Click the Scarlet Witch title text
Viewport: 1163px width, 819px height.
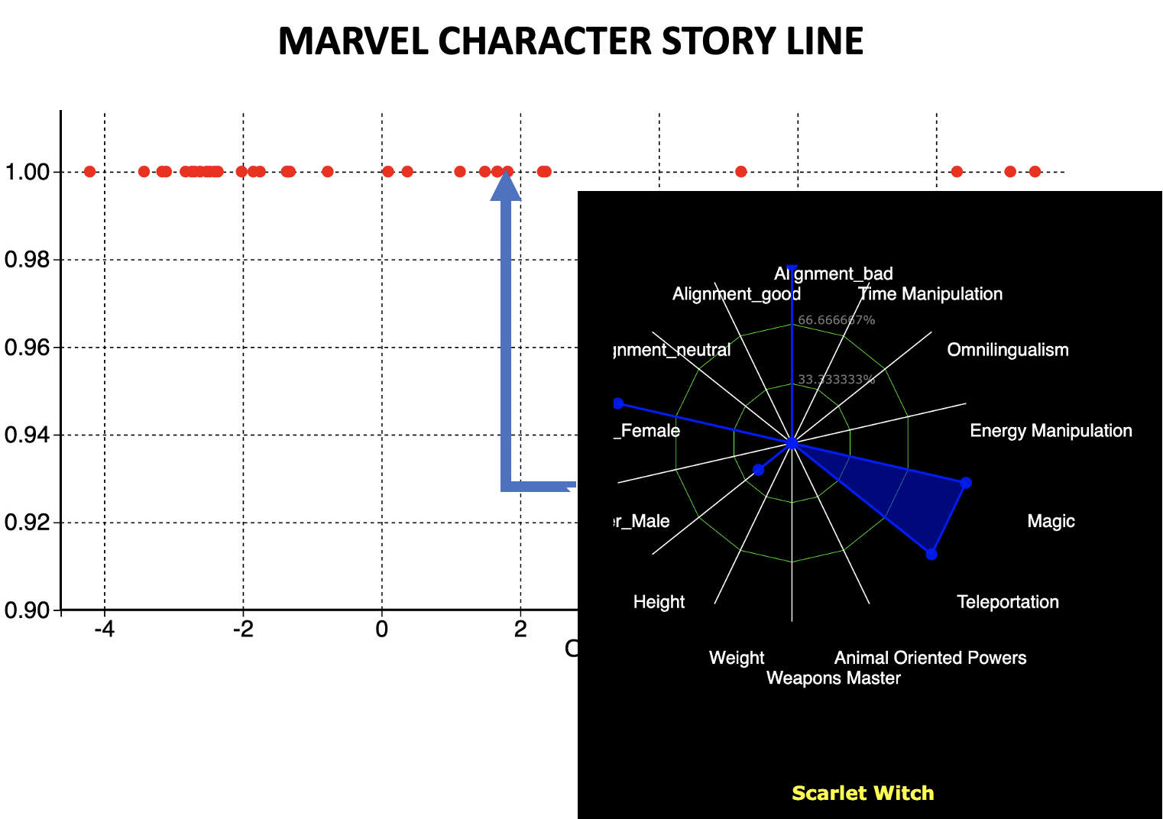(863, 793)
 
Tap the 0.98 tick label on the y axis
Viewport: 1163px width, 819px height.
(28, 260)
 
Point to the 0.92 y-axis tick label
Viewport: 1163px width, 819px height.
(28, 523)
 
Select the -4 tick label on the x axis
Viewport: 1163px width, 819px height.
(104, 630)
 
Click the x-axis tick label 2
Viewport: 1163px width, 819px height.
(520, 630)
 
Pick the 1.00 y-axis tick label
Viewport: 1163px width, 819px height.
(28, 172)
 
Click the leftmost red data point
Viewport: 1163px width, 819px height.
(89, 171)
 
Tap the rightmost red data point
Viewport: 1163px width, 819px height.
(1035, 171)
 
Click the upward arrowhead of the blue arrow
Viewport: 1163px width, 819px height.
(505, 186)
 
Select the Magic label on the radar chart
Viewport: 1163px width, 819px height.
(1051, 521)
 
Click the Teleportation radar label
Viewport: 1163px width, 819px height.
(1007, 602)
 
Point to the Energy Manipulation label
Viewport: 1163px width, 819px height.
(1051, 431)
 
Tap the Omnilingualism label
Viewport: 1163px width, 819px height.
(1007, 350)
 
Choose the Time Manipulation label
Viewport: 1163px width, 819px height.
(930, 294)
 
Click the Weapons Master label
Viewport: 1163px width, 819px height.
(833, 678)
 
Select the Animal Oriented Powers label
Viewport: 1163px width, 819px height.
(930, 658)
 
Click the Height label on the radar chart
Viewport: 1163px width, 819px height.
(659, 602)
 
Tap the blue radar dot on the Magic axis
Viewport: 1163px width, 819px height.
(966, 483)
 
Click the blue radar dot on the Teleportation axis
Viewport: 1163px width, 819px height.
(931, 554)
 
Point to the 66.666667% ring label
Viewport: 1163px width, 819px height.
(836, 320)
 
